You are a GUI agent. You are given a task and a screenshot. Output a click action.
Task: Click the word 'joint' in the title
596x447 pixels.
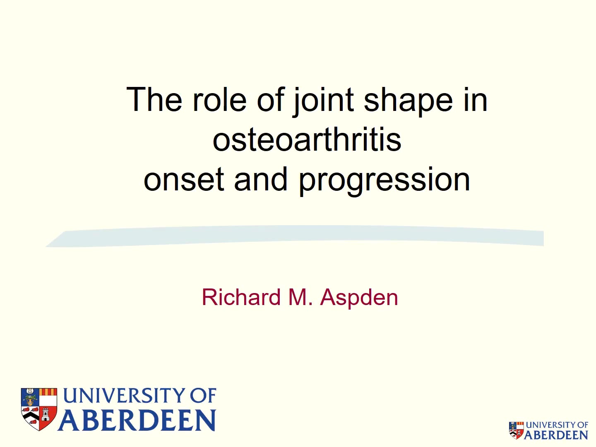(323, 101)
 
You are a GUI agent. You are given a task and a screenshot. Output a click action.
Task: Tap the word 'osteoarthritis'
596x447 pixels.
(307, 139)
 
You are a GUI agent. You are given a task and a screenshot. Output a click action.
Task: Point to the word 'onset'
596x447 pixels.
(184, 179)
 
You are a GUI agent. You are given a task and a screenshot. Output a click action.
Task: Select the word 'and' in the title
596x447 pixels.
(261, 178)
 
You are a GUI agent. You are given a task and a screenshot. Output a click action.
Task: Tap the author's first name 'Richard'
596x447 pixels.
(241, 297)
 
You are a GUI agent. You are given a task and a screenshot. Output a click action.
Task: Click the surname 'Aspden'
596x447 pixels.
(359, 298)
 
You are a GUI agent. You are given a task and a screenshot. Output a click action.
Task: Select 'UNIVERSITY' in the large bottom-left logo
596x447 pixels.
(124, 395)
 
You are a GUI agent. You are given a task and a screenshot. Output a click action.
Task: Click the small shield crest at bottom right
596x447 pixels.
(516, 430)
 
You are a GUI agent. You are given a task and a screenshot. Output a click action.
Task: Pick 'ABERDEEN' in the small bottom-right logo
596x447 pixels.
(556, 435)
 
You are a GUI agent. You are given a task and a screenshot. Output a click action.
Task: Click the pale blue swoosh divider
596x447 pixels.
(295, 236)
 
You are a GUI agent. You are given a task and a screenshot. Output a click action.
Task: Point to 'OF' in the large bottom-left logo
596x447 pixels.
(203, 395)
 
